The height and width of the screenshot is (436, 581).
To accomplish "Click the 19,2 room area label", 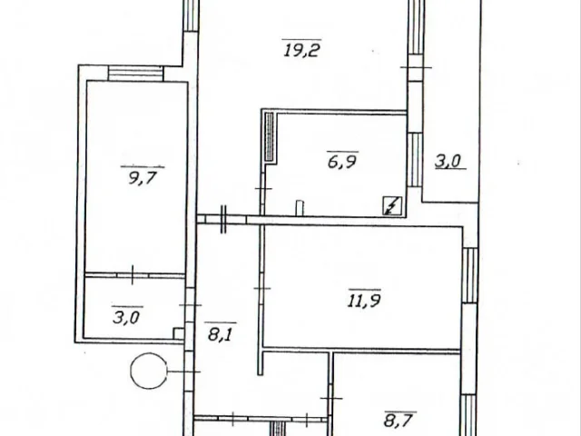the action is [x=301, y=49].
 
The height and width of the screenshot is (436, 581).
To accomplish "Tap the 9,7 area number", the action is [x=143, y=178].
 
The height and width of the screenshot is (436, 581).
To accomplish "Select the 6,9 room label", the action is [x=342, y=162].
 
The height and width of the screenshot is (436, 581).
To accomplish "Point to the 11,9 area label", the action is [x=364, y=300].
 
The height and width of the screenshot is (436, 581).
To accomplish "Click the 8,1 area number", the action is [x=221, y=334].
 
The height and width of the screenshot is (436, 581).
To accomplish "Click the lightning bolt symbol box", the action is [x=392, y=206].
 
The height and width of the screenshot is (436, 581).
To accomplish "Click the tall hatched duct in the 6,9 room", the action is [x=270, y=137].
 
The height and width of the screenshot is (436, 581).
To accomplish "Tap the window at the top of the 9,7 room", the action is [x=135, y=73].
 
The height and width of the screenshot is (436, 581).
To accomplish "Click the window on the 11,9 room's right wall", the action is [x=470, y=275].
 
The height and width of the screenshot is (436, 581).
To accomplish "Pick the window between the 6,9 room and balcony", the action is [x=415, y=160].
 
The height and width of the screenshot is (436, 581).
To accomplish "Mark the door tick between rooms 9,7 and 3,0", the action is [x=133, y=274].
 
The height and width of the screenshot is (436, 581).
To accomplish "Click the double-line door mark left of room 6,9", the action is [x=223, y=220].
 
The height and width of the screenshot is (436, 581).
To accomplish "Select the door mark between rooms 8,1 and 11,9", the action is [x=262, y=289].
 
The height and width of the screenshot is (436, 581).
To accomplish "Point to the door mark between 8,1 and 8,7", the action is [x=330, y=399].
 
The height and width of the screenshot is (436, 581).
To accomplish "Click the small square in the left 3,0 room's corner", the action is [x=179, y=333].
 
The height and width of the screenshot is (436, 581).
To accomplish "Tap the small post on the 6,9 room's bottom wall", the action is [x=300, y=208].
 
